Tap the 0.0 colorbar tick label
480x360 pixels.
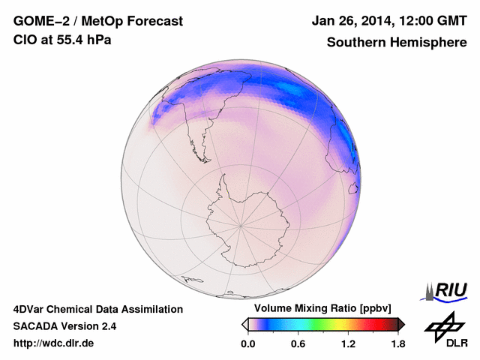(248, 344)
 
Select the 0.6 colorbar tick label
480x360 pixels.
(298, 344)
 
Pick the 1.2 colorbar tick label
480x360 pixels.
(348, 344)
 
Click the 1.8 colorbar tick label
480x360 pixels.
(398, 344)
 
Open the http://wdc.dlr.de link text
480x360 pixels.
(54, 343)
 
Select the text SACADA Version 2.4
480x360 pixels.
(64, 326)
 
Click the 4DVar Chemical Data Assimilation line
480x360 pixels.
(97, 309)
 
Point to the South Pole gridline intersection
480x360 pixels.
(241, 224)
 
